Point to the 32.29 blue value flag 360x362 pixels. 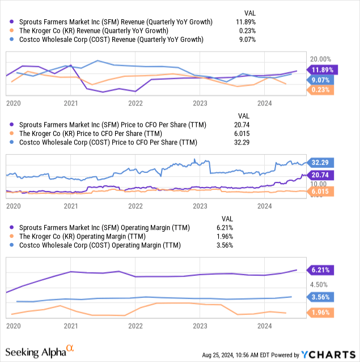click(320, 162)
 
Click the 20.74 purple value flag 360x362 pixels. click(320, 174)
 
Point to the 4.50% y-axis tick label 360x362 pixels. click(319, 285)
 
